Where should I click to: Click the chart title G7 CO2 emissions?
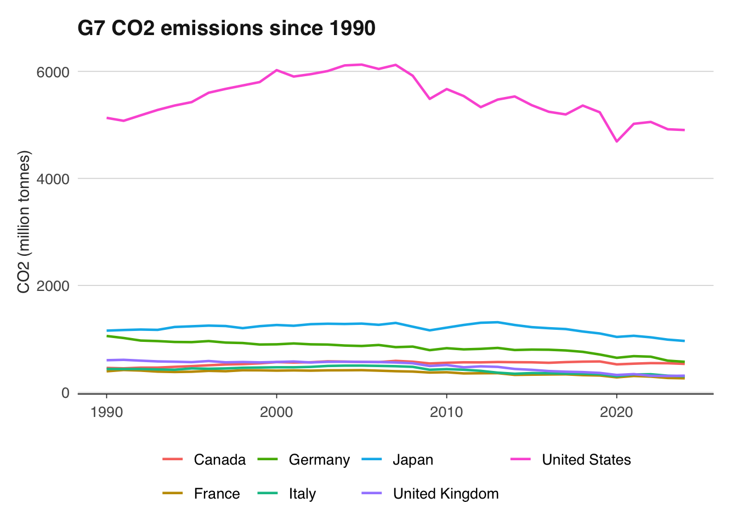tap(226, 28)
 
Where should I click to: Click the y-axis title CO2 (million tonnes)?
tap(24, 222)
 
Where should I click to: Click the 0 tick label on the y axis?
tap(65, 393)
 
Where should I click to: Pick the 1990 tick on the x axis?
tap(106, 412)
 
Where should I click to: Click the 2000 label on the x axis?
tap(276, 412)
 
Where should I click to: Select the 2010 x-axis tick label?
tap(446, 412)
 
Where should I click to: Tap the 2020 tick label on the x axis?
tap(616, 412)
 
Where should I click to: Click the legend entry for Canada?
tap(219, 460)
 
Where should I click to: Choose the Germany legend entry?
tap(319, 460)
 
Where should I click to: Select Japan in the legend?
tap(413, 460)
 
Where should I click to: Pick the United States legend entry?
tap(586, 460)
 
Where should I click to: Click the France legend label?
tap(217, 494)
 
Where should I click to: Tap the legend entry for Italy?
tap(302, 494)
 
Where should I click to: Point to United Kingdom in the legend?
tap(446, 494)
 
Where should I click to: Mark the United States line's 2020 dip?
tap(617, 141)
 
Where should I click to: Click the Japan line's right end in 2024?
tap(684, 341)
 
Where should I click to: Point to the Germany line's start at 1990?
tap(107, 336)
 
